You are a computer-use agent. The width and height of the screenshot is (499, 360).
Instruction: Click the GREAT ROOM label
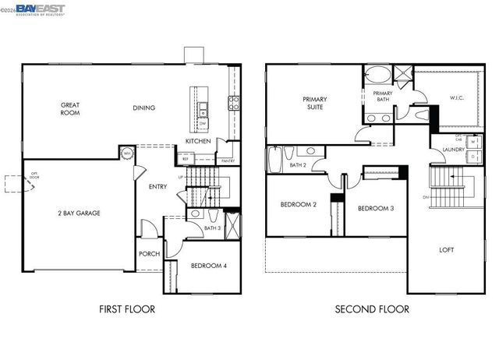coord(70,108)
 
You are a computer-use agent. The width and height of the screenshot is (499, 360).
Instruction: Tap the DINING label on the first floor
coord(143,108)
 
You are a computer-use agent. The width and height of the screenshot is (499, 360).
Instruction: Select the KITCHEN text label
coord(197,141)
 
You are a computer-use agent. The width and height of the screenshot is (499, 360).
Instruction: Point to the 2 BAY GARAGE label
coord(78,213)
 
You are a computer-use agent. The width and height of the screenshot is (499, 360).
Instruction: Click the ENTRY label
coord(158,187)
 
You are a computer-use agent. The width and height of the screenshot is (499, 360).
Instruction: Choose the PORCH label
coord(149,253)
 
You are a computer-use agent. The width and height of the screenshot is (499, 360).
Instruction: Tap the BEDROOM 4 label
coord(208,266)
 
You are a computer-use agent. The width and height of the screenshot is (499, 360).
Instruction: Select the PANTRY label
coord(228,161)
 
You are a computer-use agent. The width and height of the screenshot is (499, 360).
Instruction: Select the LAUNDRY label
coord(453,150)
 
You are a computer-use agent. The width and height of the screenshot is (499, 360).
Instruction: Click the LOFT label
coord(446,250)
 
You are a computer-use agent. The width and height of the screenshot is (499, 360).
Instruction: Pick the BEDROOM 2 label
coord(298,205)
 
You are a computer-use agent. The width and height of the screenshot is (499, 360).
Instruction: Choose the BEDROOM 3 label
coord(376,209)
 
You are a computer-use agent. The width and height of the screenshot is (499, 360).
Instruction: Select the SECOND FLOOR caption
coord(372,309)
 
